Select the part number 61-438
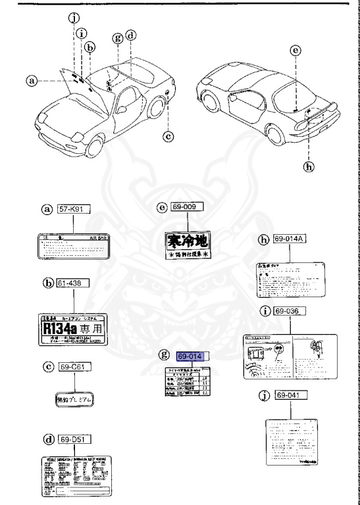click(73, 284)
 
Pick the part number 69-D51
click(73, 439)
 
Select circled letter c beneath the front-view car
click(168, 137)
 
